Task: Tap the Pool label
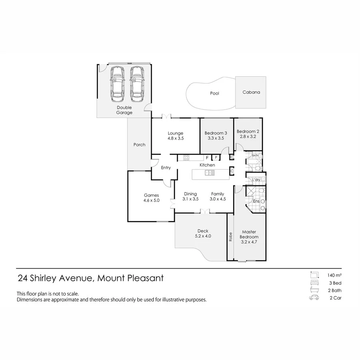click(x=215, y=93)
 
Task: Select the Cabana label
click(x=251, y=92)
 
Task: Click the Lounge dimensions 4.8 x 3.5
click(x=176, y=138)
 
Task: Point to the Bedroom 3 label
click(x=216, y=133)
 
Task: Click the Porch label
click(x=139, y=145)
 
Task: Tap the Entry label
click(x=166, y=168)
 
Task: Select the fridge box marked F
click(x=207, y=158)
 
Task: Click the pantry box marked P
click(x=215, y=158)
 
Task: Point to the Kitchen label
click(x=207, y=165)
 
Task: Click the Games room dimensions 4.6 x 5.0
click(x=152, y=200)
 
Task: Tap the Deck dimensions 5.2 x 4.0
click(x=203, y=236)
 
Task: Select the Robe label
click(x=230, y=237)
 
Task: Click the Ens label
click(x=256, y=201)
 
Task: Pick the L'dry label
click(x=257, y=180)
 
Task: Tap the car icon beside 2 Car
click(x=314, y=298)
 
